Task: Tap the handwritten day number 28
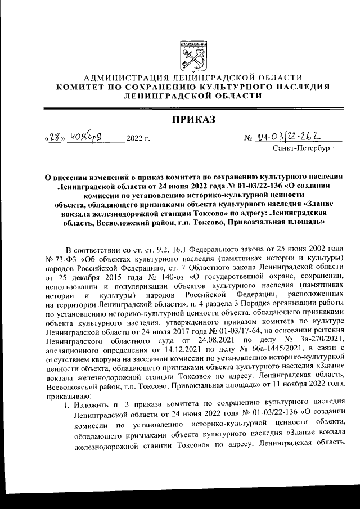click(53, 137)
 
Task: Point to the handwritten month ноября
click(84, 137)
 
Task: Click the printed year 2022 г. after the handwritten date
click(139, 138)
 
